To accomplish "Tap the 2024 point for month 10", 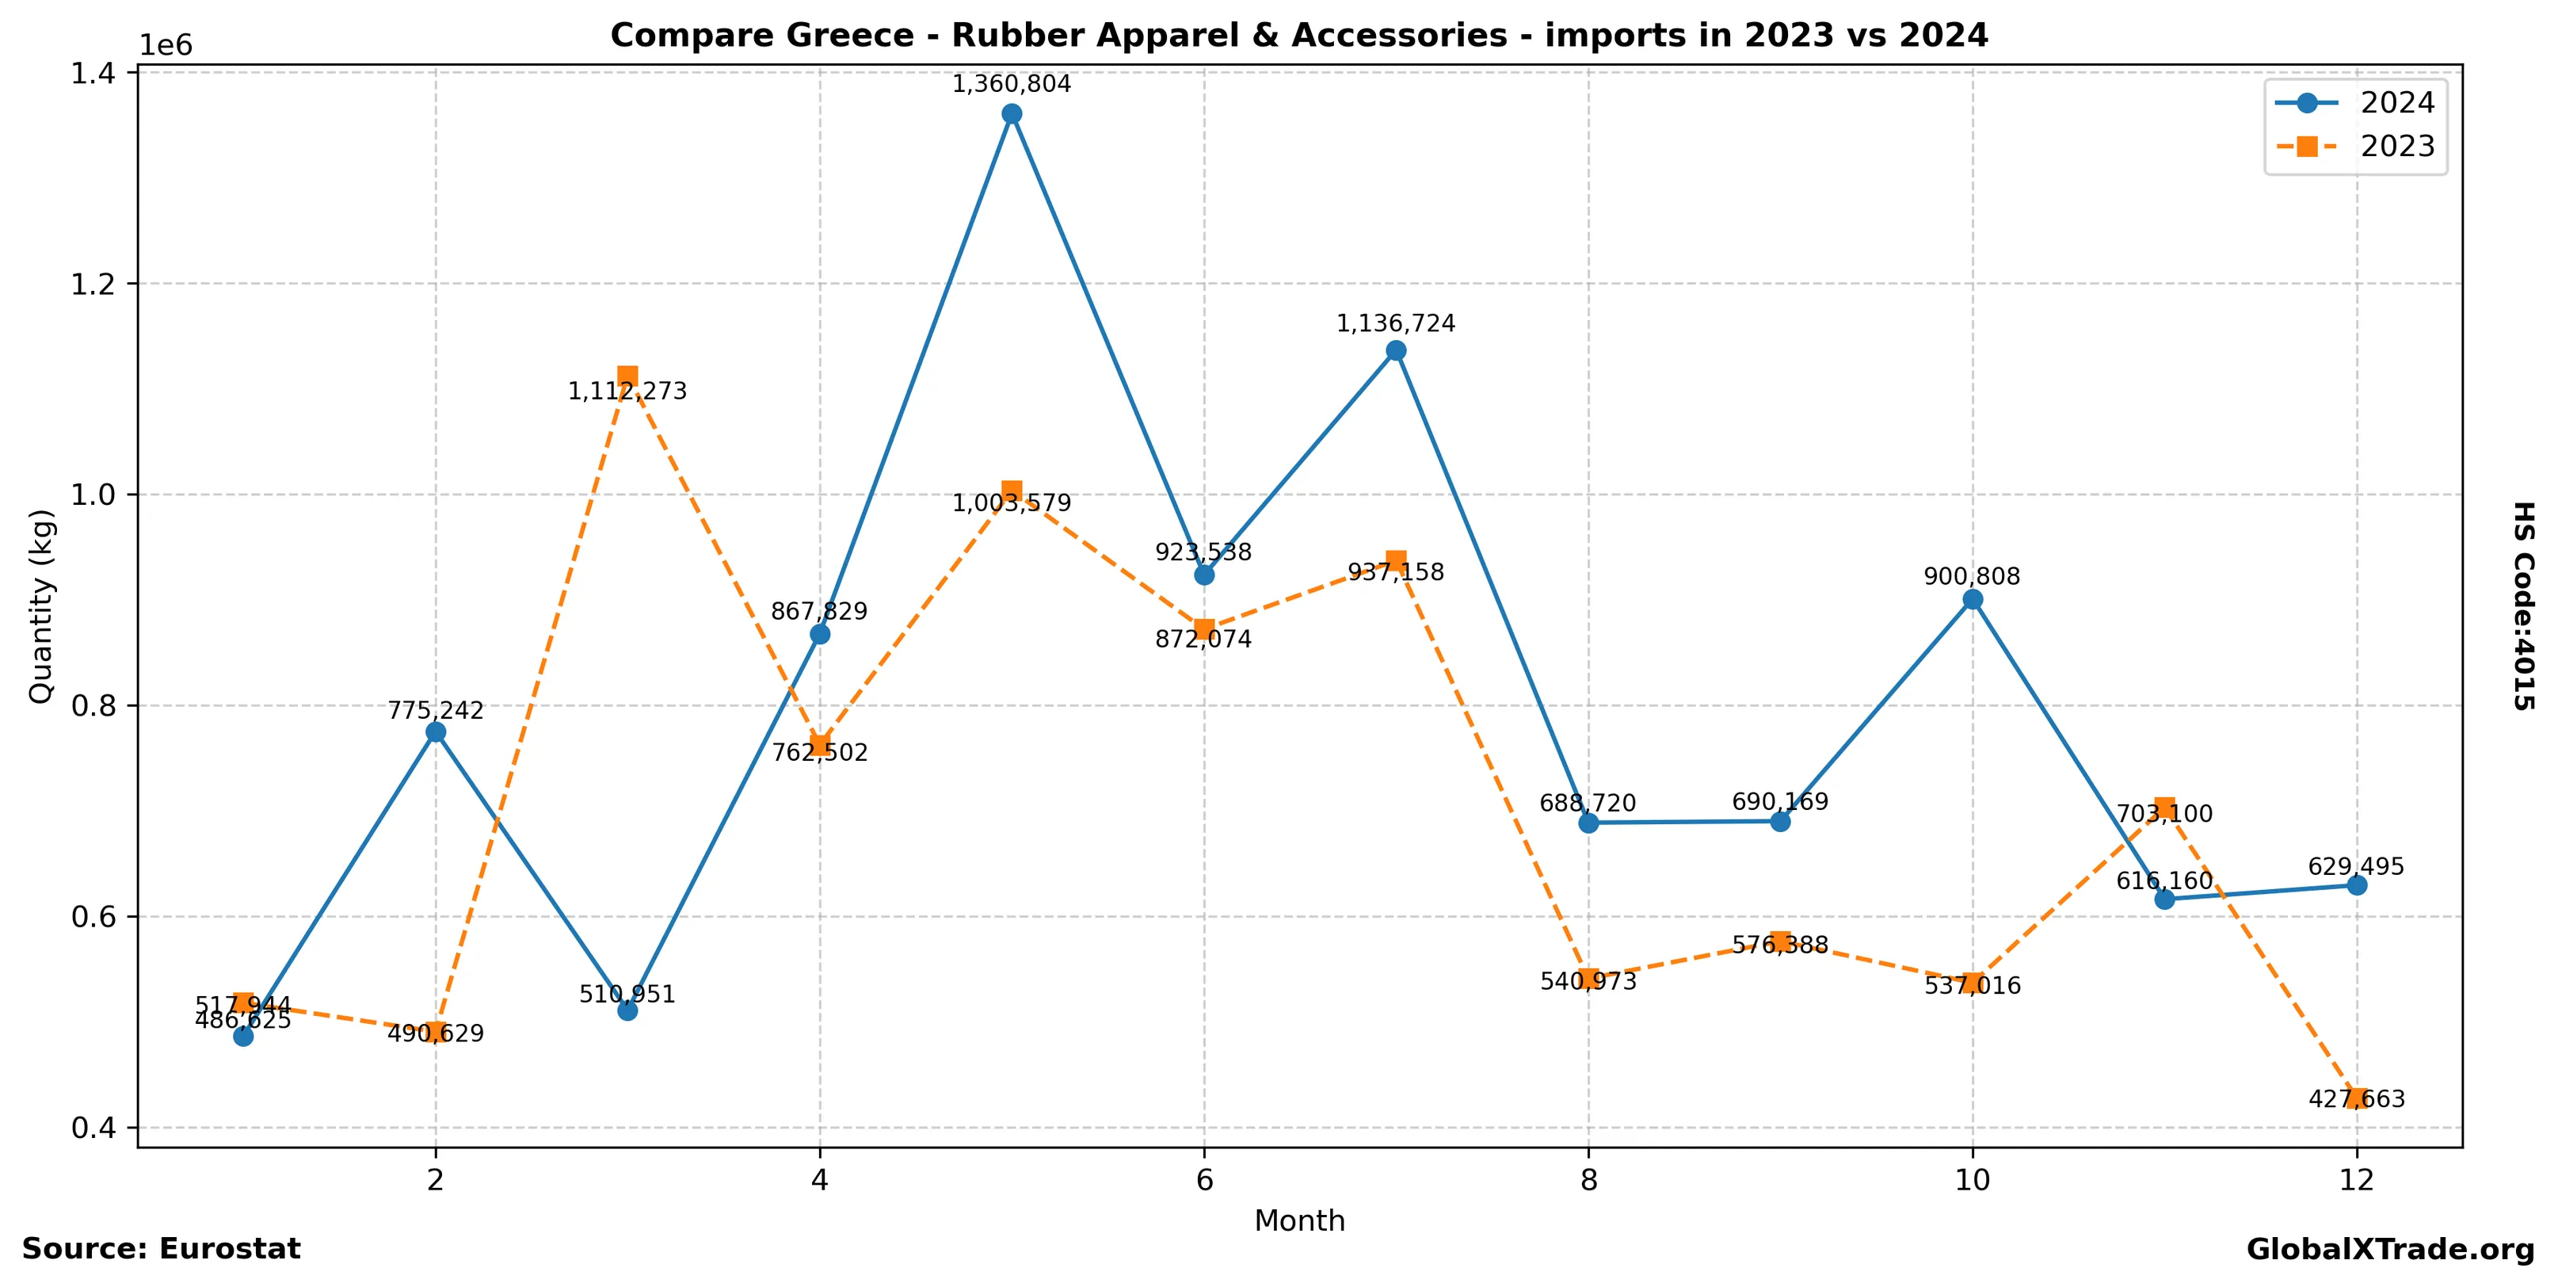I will click(1972, 600).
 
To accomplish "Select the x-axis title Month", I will click(1299, 1220).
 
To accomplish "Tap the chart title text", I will click(1299, 36).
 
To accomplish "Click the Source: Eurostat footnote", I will click(161, 1248).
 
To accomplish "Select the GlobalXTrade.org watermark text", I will click(2390, 1249).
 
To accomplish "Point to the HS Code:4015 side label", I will click(2523, 605).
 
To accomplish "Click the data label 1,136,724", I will click(1395, 324).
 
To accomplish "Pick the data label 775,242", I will click(435, 711).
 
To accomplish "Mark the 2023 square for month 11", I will click(2165, 808).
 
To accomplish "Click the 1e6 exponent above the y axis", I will click(165, 46).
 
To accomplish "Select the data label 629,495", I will click(2355, 867).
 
